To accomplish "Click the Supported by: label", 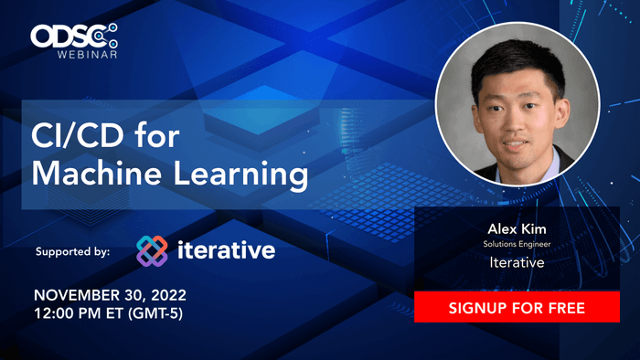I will point(72,250).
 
